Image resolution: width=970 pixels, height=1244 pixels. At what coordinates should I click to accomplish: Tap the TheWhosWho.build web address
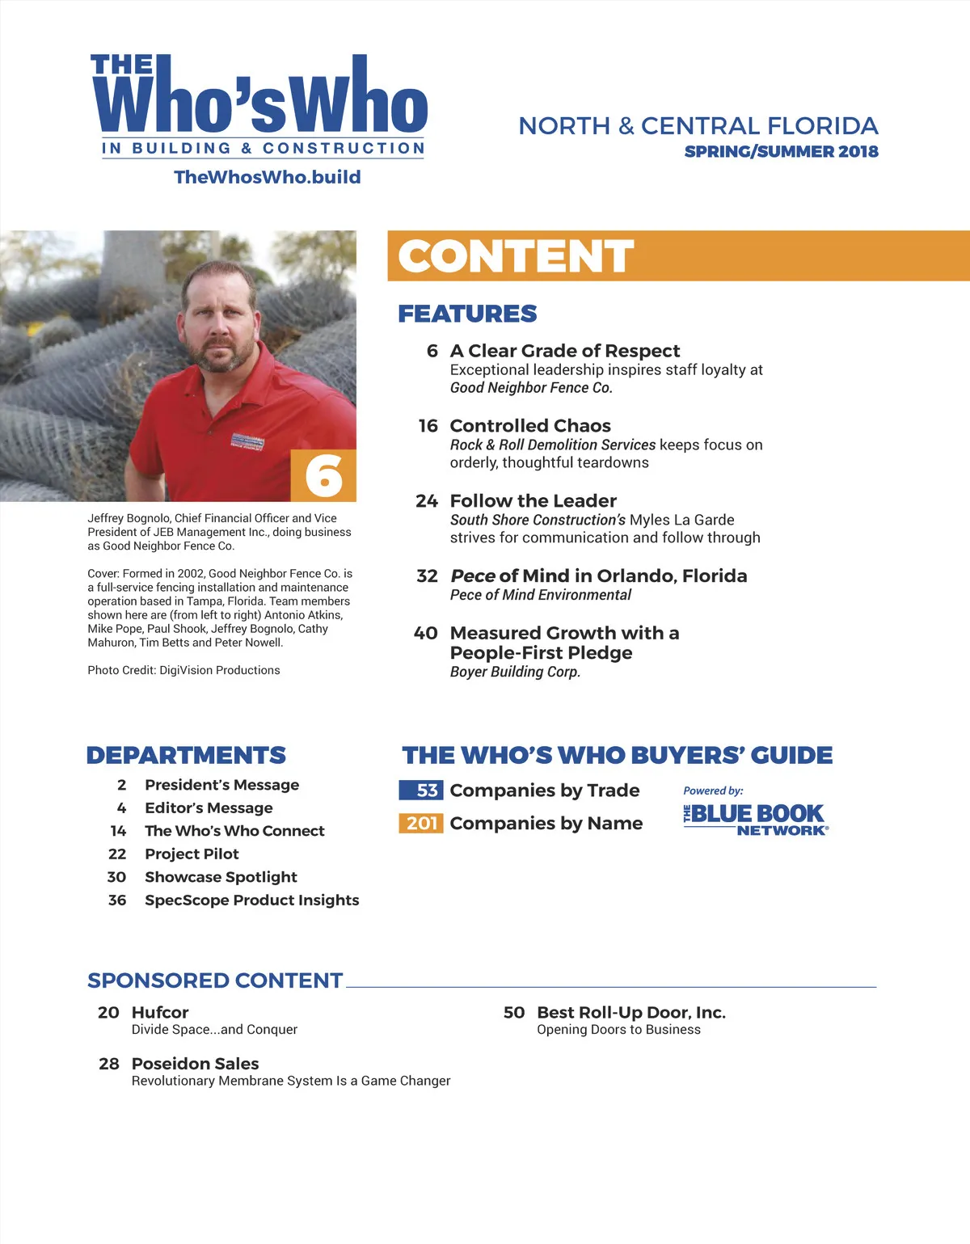268,177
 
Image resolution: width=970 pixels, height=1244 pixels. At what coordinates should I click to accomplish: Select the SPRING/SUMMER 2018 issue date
781,151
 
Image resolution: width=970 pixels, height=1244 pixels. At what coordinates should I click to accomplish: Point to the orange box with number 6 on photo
323,475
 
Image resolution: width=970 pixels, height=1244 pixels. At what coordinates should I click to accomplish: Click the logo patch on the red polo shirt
247,441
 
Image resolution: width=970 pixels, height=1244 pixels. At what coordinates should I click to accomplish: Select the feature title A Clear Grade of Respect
565,351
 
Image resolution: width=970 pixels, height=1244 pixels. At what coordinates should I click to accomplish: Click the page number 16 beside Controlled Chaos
428,426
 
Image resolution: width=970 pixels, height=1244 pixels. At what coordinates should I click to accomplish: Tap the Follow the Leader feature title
533,501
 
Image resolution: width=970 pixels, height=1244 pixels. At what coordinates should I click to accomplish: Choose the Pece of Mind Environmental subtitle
540,595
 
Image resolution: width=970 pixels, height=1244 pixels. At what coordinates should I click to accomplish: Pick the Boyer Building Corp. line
515,672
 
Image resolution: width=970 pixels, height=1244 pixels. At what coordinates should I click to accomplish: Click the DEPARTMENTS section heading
186,755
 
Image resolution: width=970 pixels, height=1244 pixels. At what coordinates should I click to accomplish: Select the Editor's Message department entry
209,808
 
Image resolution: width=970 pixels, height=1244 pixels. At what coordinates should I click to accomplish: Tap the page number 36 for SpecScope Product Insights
117,900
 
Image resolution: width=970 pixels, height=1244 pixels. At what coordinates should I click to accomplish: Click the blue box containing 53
421,790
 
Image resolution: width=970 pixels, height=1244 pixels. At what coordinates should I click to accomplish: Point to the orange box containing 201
421,823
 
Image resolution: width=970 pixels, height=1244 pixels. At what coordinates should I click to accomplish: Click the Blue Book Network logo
756,818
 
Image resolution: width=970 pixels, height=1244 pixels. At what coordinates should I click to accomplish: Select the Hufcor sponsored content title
160,1012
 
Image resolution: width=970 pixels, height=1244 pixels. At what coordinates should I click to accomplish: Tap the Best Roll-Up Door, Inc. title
631,1012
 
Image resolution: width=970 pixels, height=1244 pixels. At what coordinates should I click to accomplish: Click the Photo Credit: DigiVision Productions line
183,670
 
